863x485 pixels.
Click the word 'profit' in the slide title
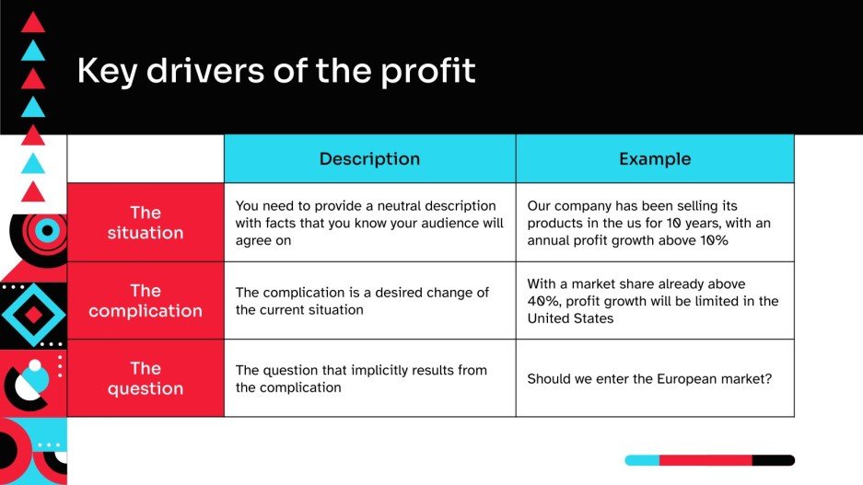click(x=429, y=72)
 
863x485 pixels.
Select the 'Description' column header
click(x=369, y=158)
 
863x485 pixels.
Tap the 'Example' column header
click(x=654, y=158)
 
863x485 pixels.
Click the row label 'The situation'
click(x=146, y=223)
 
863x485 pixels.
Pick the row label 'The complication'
click(x=146, y=301)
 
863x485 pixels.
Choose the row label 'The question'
click(x=146, y=378)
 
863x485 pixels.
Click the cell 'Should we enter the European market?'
click(x=649, y=379)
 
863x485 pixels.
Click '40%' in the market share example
click(x=543, y=301)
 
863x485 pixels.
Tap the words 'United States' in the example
click(x=570, y=318)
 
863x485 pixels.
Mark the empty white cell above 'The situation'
click(x=146, y=158)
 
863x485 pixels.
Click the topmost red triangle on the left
click(x=33, y=22)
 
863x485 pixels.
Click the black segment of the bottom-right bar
click(x=773, y=460)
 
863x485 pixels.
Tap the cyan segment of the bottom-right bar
click(x=642, y=460)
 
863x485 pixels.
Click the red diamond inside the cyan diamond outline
click(x=33, y=315)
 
